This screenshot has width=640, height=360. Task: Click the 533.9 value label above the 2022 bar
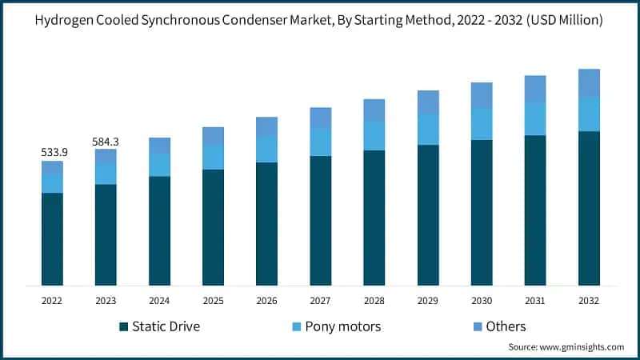(x=52, y=152)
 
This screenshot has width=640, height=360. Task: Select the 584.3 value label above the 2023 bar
(x=106, y=141)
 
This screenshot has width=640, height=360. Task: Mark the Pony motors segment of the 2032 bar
(x=589, y=114)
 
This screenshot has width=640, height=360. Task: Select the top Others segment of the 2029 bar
(x=428, y=102)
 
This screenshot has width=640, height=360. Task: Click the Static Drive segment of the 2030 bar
(x=482, y=212)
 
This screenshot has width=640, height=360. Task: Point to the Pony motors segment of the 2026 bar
(x=266, y=149)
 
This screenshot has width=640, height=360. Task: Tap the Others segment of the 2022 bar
(x=52, y=167)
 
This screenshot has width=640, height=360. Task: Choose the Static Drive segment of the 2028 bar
(x=374, y=217)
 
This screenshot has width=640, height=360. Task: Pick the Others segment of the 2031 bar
(x=535, y=89)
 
